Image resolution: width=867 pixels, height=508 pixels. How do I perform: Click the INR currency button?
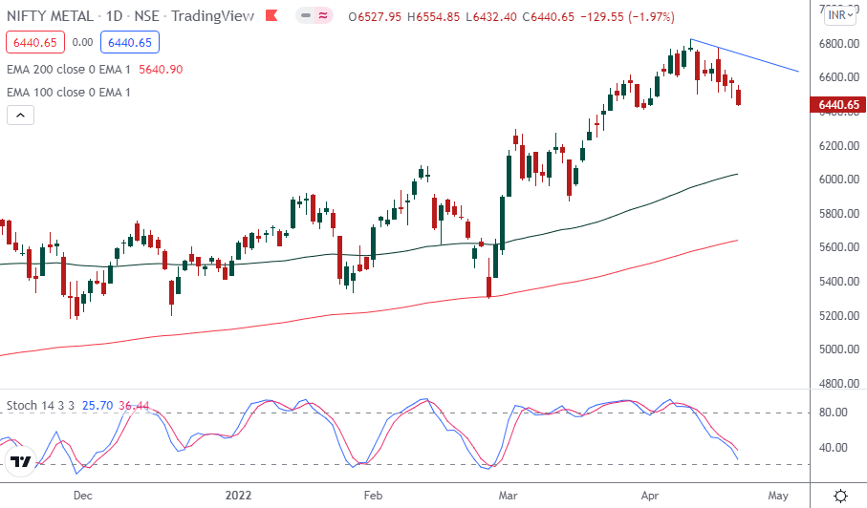click(839, 14)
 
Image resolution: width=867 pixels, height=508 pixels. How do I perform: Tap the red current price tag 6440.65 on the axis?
click(839, 105)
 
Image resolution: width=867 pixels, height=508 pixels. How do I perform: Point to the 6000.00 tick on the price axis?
click(837, 180)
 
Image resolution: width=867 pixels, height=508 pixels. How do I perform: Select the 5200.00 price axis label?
click(837, 315)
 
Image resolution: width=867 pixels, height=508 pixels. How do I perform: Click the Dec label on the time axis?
click(83, 496)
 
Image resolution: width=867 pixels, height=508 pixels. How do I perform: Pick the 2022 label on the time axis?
click(239, 496)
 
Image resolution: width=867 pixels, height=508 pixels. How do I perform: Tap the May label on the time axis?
click(778, 496)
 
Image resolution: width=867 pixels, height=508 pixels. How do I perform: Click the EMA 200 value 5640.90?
click(161, 69)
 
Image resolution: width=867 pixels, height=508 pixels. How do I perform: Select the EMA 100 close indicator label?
click(69, 92)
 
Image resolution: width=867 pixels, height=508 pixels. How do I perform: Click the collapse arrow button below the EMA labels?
click(20, 115)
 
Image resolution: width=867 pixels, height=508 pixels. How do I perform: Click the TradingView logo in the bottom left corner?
click(20, 463)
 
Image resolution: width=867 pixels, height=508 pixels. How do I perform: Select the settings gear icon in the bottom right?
click(840, 496)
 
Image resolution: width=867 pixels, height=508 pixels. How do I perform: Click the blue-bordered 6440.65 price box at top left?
click(133, 42)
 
